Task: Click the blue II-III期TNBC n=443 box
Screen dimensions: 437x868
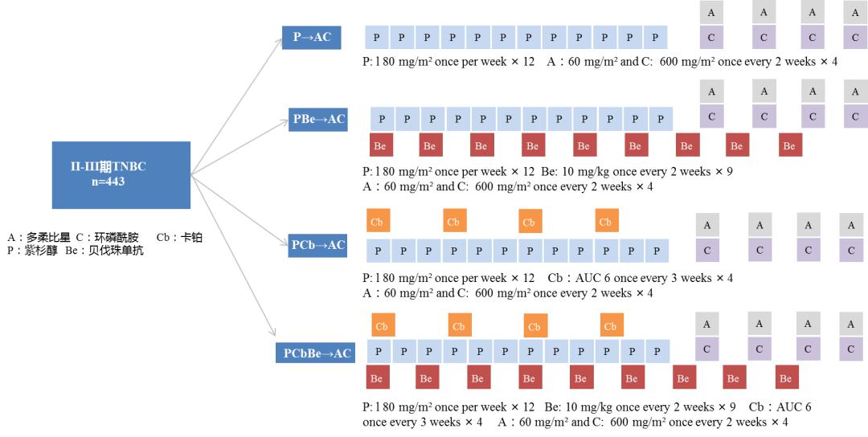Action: pyautogui.click(x=121, y=174)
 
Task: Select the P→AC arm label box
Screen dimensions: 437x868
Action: pyautogui.click(x=312, y=37)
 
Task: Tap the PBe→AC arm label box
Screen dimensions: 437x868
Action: pyautogui.click(x=319, y=119)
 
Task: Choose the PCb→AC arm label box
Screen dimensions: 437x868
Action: pyautogui.click(x=318, y=245)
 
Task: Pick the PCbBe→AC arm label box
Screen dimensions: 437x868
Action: pyautogui.click(x=317, y=353)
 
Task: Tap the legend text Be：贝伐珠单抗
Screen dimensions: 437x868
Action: pyautogui.click(x=104, y=251)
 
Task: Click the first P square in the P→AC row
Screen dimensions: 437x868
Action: pyautogui.click(x=377, y=37)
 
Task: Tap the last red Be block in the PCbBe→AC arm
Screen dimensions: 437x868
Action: pyautogui.click(x=786, y=378)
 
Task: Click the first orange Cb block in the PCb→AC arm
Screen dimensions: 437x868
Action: pyautogui.click(x=377, y=222)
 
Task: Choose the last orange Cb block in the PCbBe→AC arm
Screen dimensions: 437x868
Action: pyautogui.click(x=611, y=326)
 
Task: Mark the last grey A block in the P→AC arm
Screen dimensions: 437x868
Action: pyautogui.click(x=855, y=12)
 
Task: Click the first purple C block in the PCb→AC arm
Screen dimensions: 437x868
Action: pyautogui.click(x=707, y=250)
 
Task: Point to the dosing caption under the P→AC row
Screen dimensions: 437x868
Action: pyautogui.click(x=600, y=62)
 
